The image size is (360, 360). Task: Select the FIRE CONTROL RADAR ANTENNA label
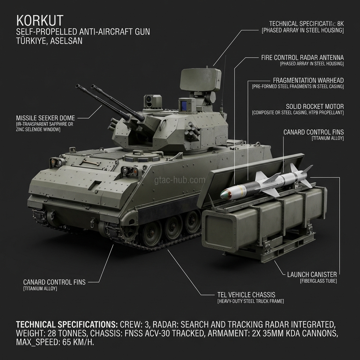(302, 57)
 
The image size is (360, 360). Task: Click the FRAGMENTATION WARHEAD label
(308, 81)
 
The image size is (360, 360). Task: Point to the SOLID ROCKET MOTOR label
(315, 107)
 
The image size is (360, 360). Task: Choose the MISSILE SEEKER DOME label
(45, 117)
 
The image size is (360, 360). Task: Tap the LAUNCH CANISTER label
(312, 274)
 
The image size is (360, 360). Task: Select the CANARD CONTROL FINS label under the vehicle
(54, 282)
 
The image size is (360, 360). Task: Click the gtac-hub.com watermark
(180, 180)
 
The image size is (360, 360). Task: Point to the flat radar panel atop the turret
(200, 80)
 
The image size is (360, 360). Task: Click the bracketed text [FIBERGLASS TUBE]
(318, 281)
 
